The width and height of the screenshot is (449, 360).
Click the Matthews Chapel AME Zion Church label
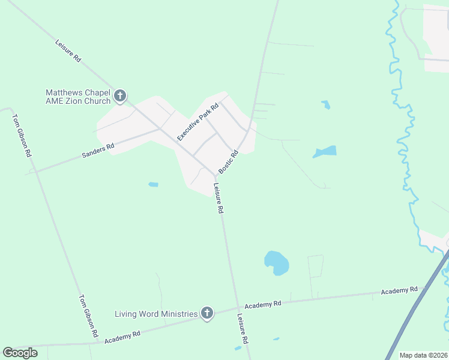(78, 97)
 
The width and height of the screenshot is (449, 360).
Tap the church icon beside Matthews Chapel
(120, 96)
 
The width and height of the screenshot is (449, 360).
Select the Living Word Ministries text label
(156, 314)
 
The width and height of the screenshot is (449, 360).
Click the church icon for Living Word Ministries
(207, 313)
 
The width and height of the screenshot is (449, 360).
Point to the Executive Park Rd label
(199, 122)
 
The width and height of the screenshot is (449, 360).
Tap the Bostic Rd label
(229, 162)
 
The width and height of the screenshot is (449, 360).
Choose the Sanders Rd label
(98, 151)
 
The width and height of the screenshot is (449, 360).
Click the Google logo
(20, 353)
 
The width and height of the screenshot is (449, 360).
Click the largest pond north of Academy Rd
(276, 263)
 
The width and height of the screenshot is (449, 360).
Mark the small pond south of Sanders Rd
(153, 184)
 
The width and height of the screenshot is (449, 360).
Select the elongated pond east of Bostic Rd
(325, 152)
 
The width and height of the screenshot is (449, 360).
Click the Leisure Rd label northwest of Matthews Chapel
(68, 52)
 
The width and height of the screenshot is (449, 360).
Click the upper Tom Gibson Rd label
(22, 135)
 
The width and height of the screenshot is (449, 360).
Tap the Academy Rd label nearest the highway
(399, 290)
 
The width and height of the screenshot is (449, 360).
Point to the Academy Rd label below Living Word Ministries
(122, 337)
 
